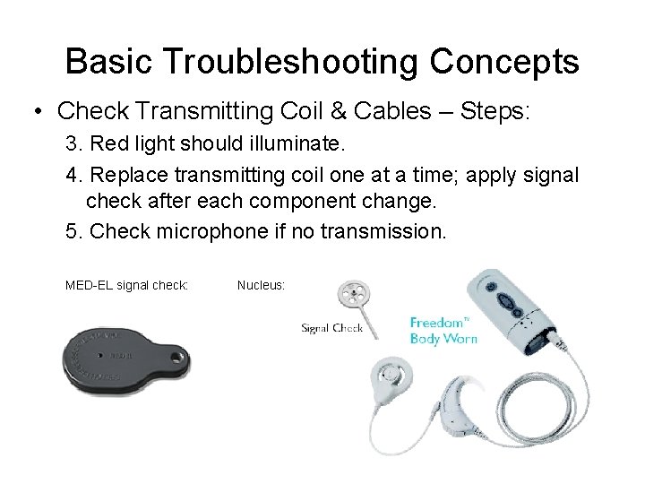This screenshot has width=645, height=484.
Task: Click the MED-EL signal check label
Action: point(126,285)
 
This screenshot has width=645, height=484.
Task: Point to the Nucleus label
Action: point(261,285)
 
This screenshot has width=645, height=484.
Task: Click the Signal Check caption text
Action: point(331,328)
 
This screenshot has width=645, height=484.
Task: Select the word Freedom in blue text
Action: point(438,322)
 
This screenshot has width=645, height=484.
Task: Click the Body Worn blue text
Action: point(443,338)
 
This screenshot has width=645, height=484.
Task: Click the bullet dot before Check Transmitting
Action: point(37,113)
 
